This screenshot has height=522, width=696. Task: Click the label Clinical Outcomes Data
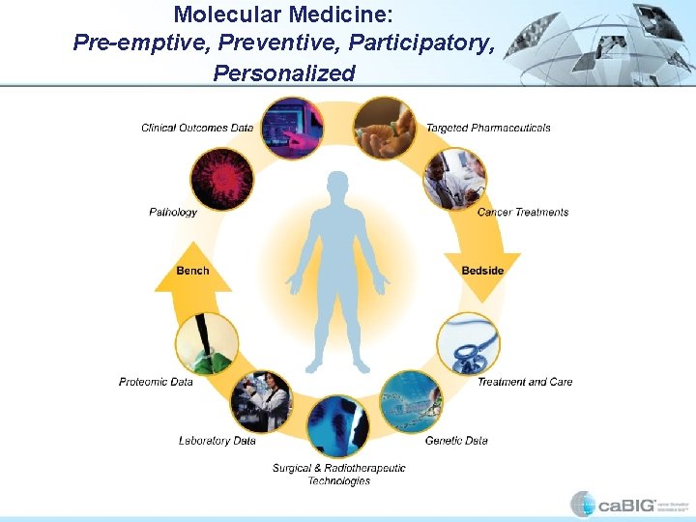click(x=197, y=128)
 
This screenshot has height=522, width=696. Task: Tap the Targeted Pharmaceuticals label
click(x=488, y=128)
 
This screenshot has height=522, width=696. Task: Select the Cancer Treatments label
click(x=523, y=212)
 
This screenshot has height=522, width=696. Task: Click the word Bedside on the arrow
click(x=482, y=271)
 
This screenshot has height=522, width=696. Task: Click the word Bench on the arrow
click(x=192, y=271)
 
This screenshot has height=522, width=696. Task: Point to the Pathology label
click(x=173, y=212)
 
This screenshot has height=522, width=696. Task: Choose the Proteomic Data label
click(x=156, y=382)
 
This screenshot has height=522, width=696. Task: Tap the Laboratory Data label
click(x=217, y=441)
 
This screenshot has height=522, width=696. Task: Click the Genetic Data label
click(x=456, y=441)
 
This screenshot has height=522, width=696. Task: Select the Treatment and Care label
click(x=525, y=382)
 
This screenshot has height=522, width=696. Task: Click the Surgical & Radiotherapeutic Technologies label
click(x=338, y=475)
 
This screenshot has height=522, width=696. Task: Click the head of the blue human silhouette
click(x=337, y=185)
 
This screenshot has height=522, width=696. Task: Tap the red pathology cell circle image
click(x=221, y=180)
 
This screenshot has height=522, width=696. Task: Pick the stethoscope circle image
click(x=469, y=343)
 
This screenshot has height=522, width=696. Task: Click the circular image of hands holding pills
click(x=384, y=128)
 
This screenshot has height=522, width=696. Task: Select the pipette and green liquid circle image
click(x=207, y=343)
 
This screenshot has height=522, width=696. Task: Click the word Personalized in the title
click(x=284, y=73)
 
